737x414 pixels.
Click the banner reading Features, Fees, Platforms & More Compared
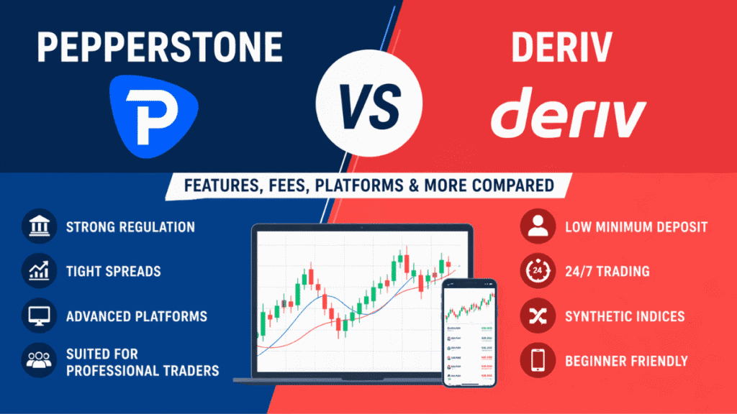coord(369,185)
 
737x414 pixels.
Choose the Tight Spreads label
coord(113,272)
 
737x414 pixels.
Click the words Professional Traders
coord(142,370)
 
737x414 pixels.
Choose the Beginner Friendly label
coord(626,362)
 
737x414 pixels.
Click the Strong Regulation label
coord(130,226)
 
